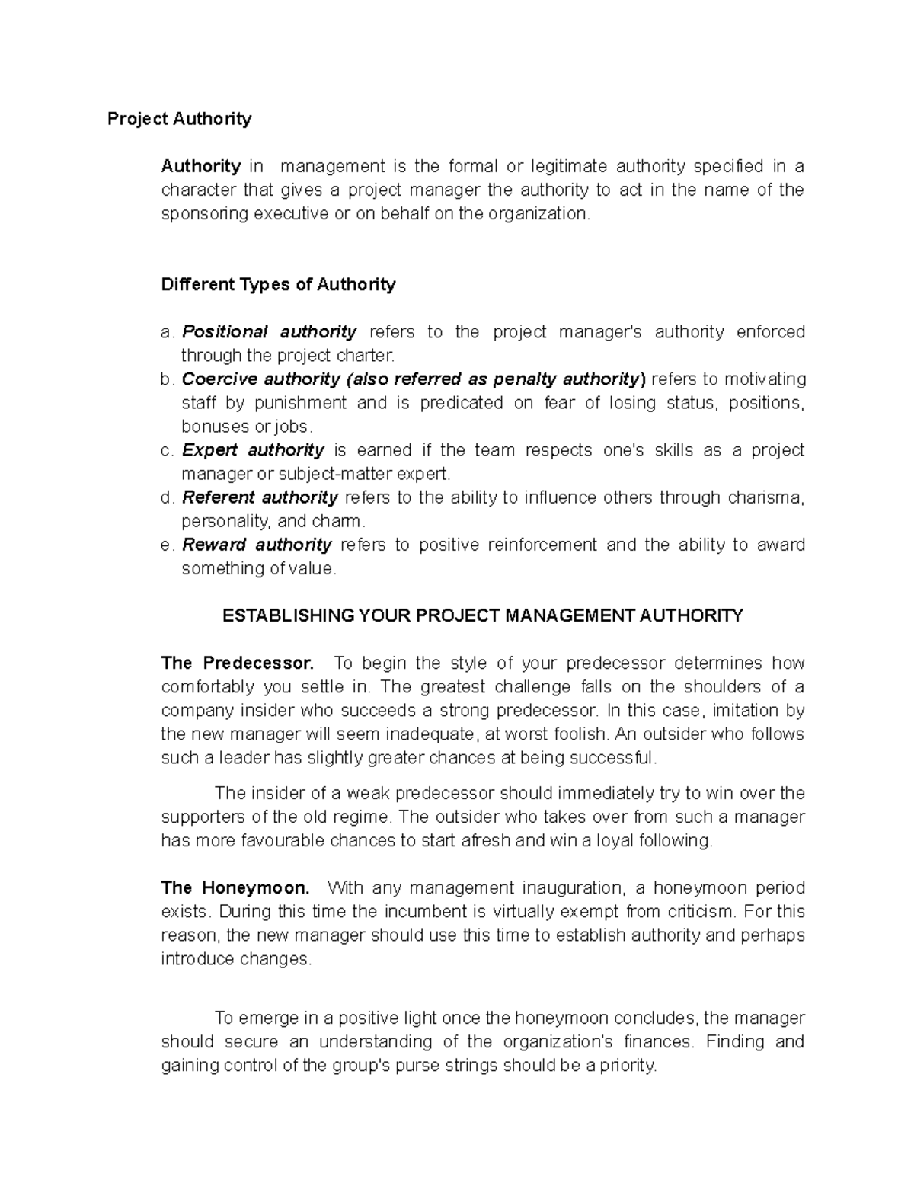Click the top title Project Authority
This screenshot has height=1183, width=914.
179,119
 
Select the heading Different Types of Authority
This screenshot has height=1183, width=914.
278,285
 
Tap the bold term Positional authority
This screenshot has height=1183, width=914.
269,332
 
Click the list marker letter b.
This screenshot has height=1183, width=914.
167,379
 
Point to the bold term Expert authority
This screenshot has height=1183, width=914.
253,450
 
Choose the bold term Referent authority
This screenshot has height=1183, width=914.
260,497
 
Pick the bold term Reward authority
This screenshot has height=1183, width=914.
257,545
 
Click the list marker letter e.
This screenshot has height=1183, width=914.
167,545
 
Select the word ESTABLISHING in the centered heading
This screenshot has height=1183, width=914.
289,616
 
